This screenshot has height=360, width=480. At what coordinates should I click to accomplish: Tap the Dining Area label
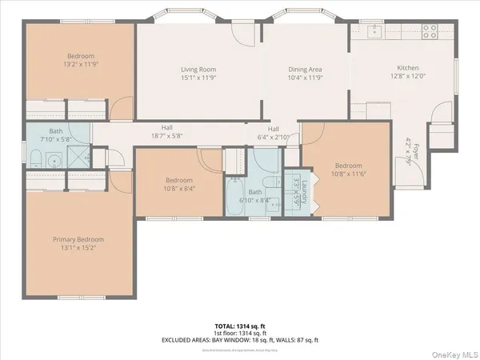click(305, 70)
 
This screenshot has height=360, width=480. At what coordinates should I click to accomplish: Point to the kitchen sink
click(374, 33)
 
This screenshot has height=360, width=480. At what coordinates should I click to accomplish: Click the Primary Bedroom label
click(78, 239)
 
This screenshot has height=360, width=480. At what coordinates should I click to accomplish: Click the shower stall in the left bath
click(78, 158)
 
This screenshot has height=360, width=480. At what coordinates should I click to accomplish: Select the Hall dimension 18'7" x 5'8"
click(166, 136)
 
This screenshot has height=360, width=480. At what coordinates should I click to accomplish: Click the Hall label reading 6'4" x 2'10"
click(273, 136)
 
